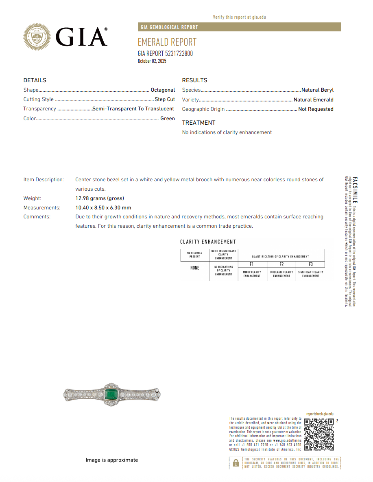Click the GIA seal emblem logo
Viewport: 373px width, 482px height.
pyautogui.click(x=37, y=37)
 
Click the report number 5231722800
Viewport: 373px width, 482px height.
pyautogui.click(x=179, y=53)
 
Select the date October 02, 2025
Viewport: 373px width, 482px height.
pyautogui.click(x=152, y=61)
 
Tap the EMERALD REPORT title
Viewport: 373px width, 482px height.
pyautogui.click(x=167, y=42)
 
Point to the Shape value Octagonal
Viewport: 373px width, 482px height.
pyautogui.click(x=163, y=90)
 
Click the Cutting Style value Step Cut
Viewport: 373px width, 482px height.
pyautogui.click(x=165, y=99)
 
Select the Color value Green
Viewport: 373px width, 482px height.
pyautogui.click(x=168, y=119)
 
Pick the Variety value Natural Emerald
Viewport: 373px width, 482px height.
pyautogui.click(x=313, y=99)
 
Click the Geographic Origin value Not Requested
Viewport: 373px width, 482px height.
pyautogui.click(x=316, y=109)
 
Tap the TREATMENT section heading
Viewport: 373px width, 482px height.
pyautogui.click(x=198, y=123)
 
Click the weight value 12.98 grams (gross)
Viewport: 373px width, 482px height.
pyautogui.click(x=100, y=198)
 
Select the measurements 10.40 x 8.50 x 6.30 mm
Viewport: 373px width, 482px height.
pyautogui.click(x=103, y=208)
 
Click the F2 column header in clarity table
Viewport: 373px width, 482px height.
pyautogui.click(x=281, y=264)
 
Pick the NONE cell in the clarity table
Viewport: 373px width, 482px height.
pyautogui.click(x=195, y=268)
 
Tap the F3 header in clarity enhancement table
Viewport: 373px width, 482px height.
pyautogui.click(x=311, y=264)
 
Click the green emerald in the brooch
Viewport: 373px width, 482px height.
pyautogui.click(x=111, y=394)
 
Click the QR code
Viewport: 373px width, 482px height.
pyautogui.click(x=319, y=434)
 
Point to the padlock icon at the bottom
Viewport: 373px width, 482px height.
pyautogui.click(x=236, y=463)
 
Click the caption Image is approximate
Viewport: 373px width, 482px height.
pyautogui.click(x=111, y=460)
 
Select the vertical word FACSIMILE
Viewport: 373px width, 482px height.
pyautogui.click(x=355, y=190)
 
